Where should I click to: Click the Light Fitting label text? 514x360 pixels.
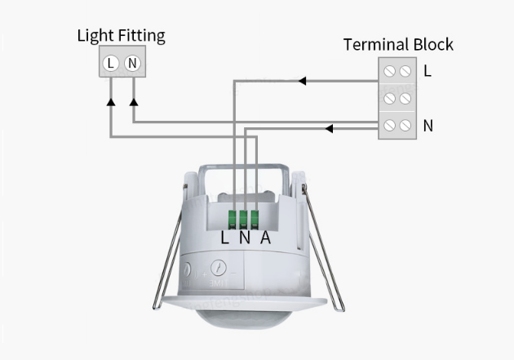[121, 36]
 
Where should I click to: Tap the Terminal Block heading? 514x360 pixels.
[398, 44]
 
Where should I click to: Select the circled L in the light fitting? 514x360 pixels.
[111, 63]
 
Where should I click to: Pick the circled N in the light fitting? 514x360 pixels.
[132, 63]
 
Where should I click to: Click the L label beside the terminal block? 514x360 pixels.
[428, 71]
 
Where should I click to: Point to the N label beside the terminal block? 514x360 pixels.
[428, 126]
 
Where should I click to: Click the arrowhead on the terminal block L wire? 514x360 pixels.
[302, 81]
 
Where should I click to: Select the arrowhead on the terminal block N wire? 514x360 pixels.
[329, 128]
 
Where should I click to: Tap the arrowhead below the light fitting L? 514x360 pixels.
[111, 102]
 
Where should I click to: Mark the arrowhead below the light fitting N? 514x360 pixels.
[134, 102]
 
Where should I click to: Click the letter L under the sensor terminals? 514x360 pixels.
[224, 238]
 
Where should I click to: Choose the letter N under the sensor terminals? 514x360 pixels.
[245, 238]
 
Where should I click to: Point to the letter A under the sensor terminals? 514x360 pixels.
[266, 238]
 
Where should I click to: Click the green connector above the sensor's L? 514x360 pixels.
[232, 220]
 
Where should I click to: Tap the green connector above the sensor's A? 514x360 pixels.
[255, 220]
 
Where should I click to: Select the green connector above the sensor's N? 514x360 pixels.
[243, 220]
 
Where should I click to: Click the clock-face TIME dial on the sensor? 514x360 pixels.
[219, 268]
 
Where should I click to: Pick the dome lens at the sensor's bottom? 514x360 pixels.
[244, 318]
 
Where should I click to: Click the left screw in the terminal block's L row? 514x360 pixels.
[389, 71]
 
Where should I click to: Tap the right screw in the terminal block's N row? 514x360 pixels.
[405, 125]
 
